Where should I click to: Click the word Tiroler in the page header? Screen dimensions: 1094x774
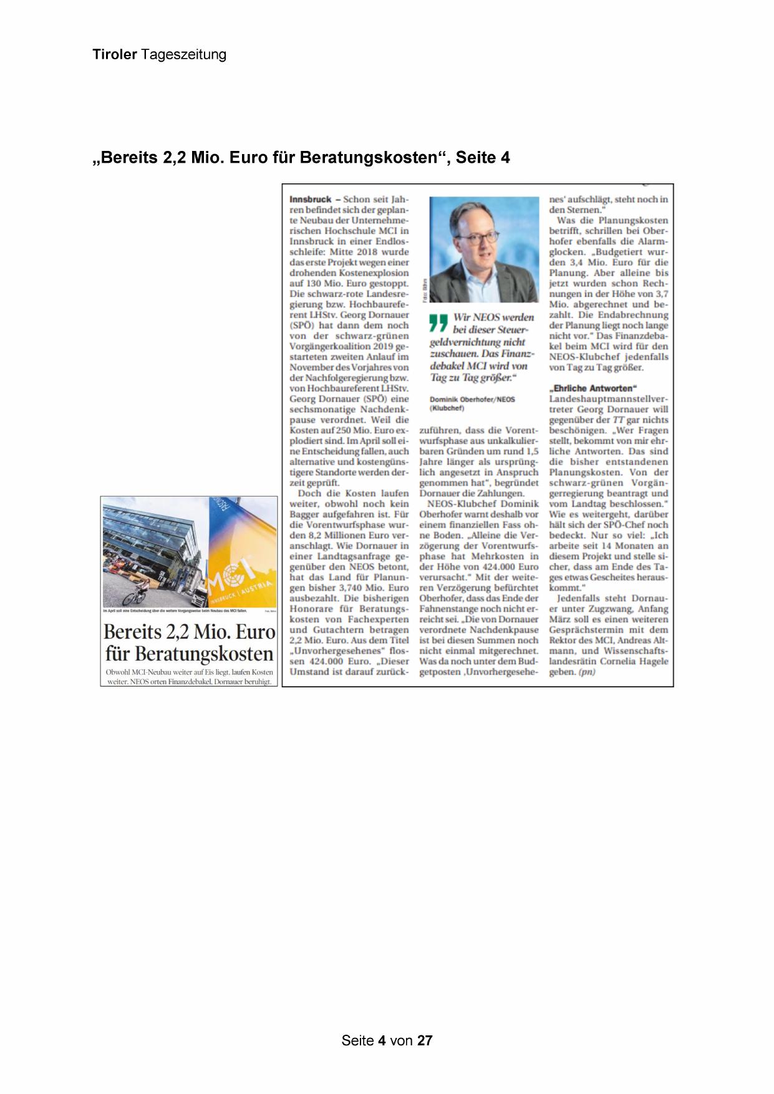[x=115, y=54]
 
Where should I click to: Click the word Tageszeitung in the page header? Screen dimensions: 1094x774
[x=183, y=55]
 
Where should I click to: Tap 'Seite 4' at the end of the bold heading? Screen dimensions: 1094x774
[x=482, y=158]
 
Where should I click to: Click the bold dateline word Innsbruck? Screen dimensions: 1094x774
[x=311, y=200]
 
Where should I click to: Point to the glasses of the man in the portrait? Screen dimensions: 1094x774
[x=478, y=235]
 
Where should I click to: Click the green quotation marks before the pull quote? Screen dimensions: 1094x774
[x=439, y=322]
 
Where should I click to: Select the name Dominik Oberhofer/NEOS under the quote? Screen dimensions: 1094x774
[x=473, y=399]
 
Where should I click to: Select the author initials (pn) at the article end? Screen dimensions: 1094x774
[x=587, y=672]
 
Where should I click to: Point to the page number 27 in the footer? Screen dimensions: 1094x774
[x=425, y=1040]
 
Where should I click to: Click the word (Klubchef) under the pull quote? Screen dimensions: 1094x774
[x=447, y=409]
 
